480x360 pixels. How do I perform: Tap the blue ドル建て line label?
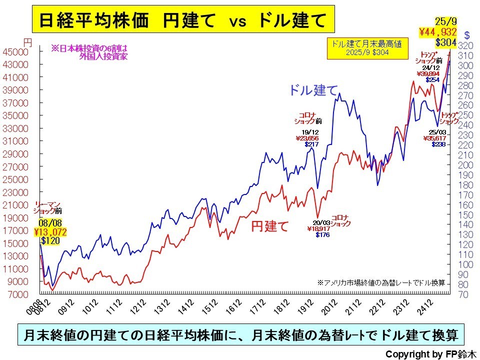coord(313,90)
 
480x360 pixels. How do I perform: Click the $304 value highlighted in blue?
coord(445,42)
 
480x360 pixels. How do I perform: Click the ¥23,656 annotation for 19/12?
coord(306,138)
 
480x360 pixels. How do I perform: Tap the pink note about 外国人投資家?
coord(89,52)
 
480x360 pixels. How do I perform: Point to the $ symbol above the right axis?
coord(466,35)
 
